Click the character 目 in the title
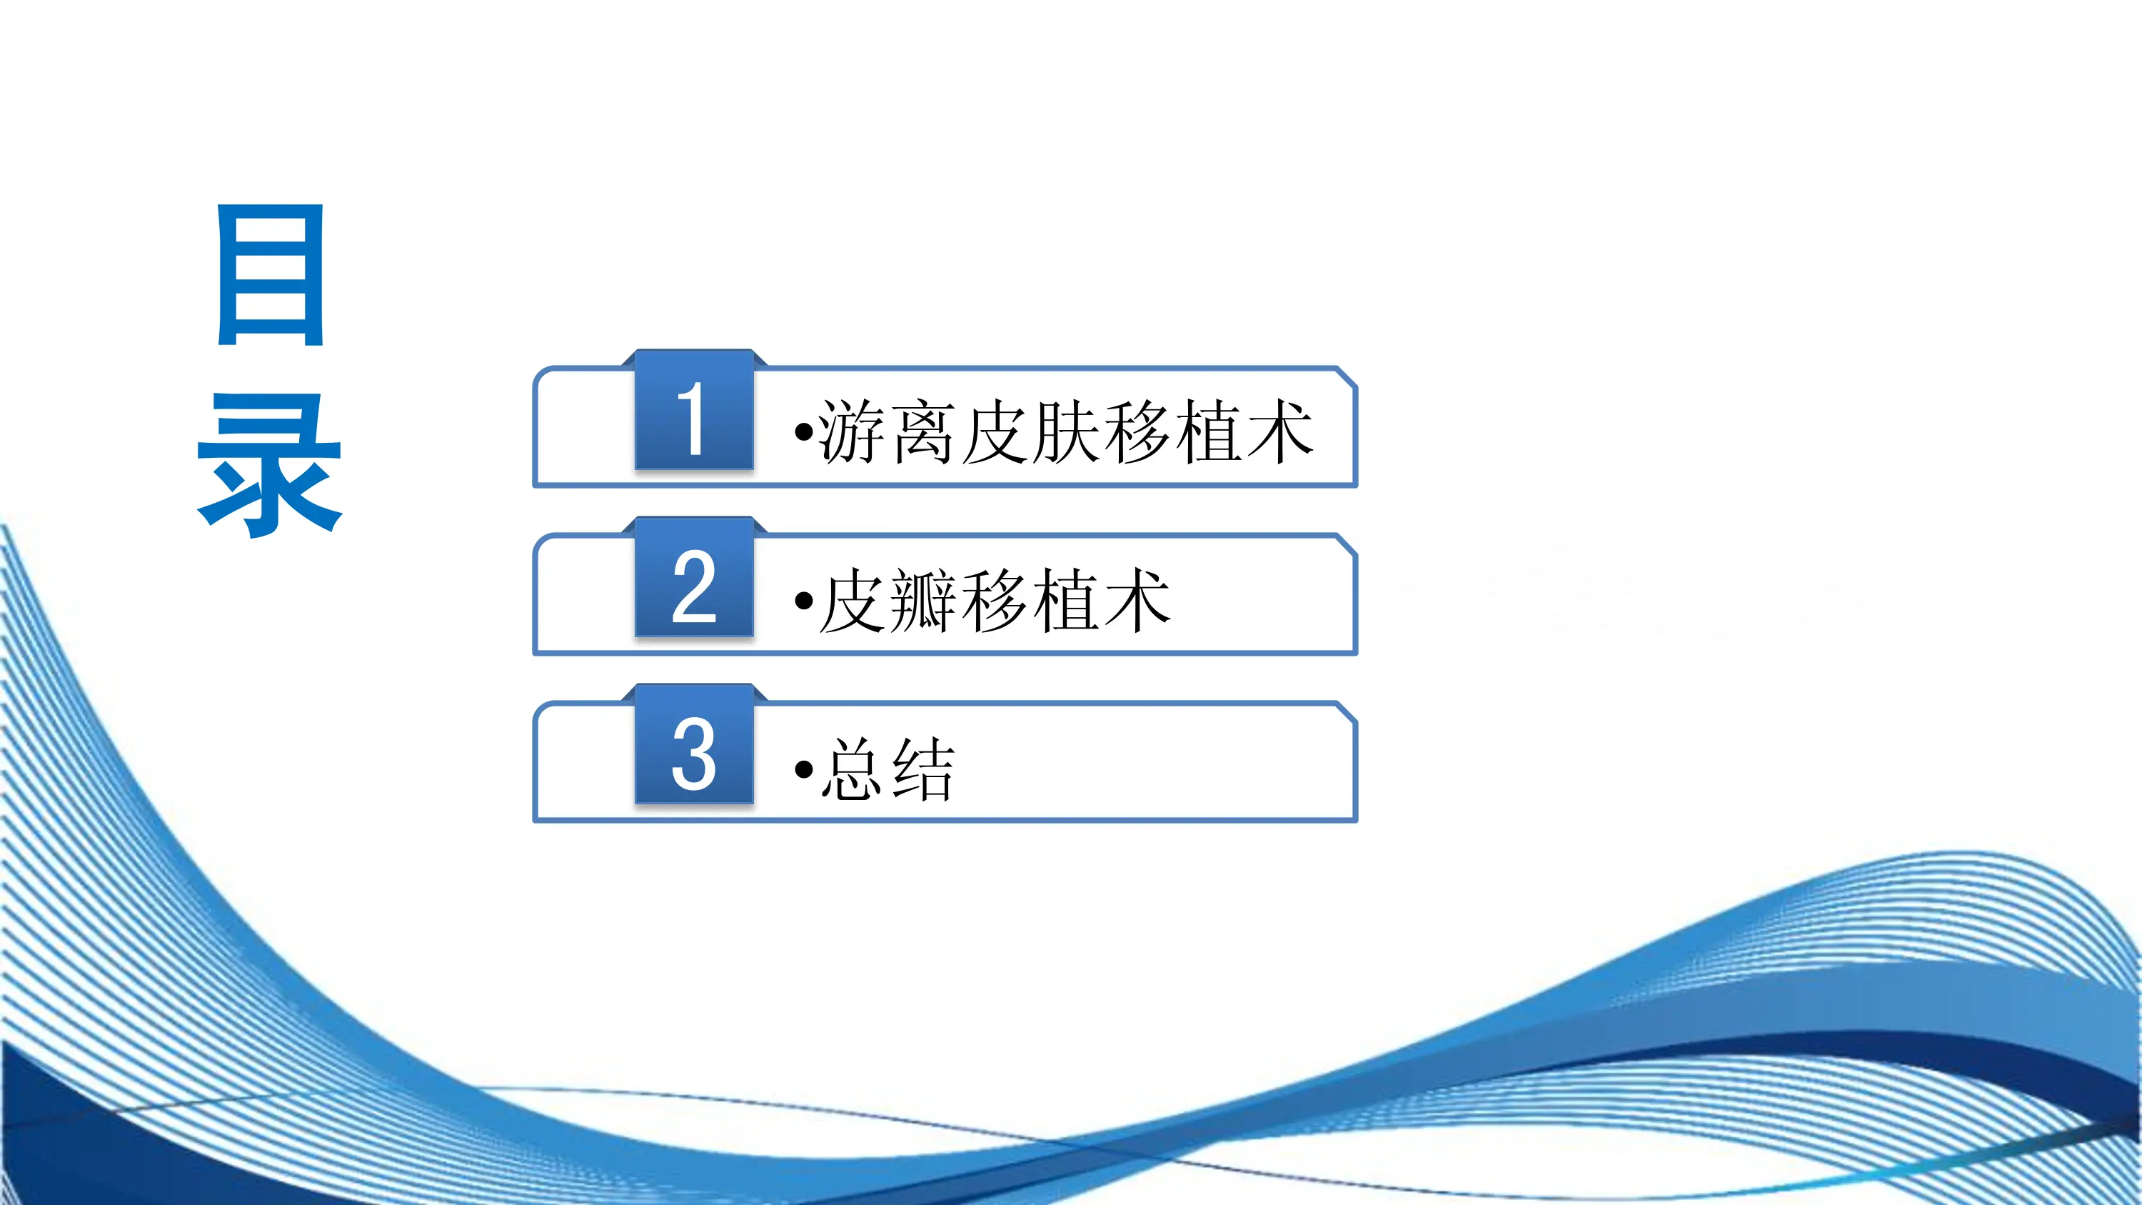(270, 274)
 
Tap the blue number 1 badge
(693, 411)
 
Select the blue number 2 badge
(693, 579)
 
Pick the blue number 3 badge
(693, 746)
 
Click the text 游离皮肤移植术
(1065, 431)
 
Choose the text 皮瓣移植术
(995, 601)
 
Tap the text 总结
(888, 769)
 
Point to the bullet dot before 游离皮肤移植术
(803, 432)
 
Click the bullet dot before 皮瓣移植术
(803, 601)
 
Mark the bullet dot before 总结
(803, 769)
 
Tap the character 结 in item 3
(922, 769)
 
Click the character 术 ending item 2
(1137, 601)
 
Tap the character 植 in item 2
(1065, 601)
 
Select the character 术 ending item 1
(1279, 431)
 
